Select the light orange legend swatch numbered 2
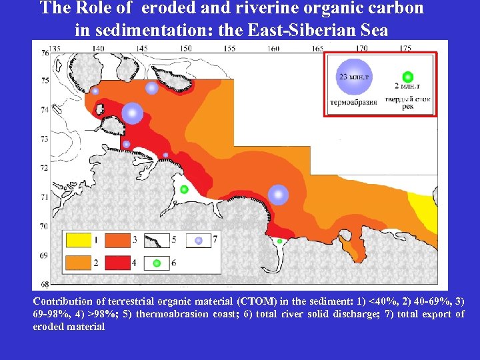pyautogui.click(x=77, y=263)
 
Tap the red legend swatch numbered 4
pyautogui.click(x=117, y=263)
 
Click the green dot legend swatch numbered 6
pyautogui.click(x=157, y=263)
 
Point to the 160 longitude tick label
pyautogui.click(x=273, y=48)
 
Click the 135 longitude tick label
pyautogui.click(x=56, y=48)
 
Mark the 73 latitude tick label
pyautogui.click(x=44, y=139)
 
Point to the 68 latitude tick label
pyautogui.click(x=44, y=285)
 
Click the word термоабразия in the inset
pyautogui.click(x=353, y=103)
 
